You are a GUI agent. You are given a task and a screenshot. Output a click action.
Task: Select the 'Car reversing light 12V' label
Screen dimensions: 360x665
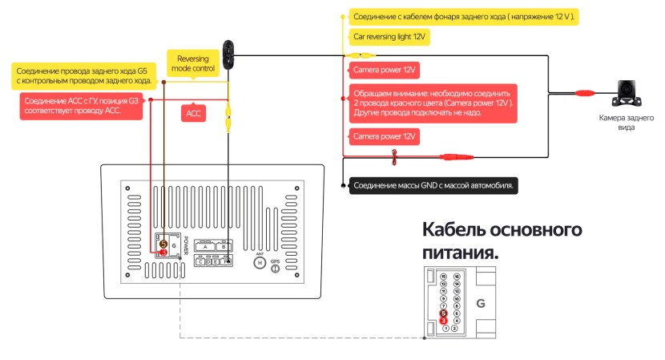coord(388,37)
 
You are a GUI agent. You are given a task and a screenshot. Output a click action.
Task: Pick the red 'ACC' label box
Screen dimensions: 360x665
coord(194,114)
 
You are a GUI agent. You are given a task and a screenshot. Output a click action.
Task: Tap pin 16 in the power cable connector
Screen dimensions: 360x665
coord(456,277)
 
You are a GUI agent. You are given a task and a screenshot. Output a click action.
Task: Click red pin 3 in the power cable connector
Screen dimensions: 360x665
coord(443,321)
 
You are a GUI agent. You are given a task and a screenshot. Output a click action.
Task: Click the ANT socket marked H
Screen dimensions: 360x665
coord(260,261)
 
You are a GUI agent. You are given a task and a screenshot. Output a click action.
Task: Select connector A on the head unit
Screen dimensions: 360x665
coord(206,247)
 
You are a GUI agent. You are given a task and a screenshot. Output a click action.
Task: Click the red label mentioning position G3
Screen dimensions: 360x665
coord(82,106)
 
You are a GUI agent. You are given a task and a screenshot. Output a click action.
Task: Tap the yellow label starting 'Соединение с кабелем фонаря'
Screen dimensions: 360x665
coord(463,16)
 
